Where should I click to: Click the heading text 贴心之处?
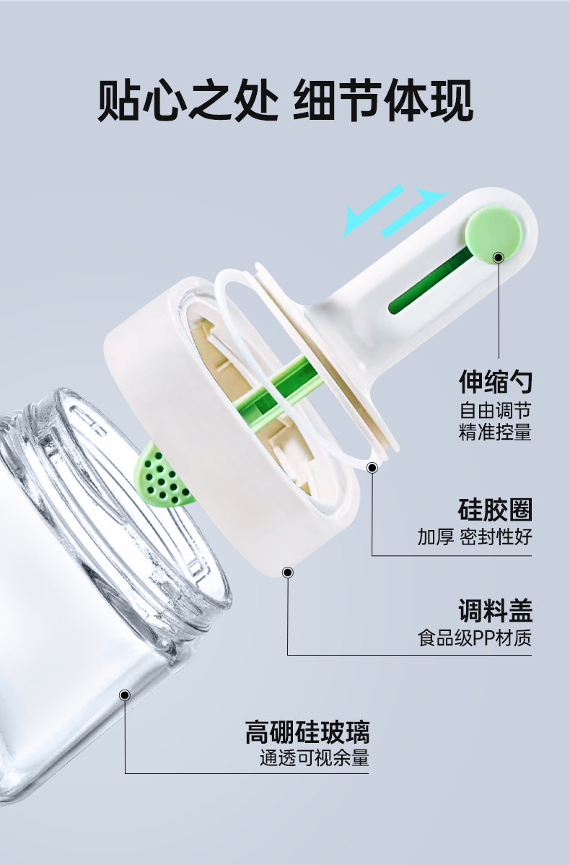187,100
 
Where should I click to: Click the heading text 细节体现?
383,100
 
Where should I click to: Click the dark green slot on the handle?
431,281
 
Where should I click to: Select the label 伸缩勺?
495,381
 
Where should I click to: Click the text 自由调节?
495,410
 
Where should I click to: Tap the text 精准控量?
495,431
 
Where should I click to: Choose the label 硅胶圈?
495,510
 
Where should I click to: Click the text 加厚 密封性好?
475,536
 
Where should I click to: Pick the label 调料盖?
495,611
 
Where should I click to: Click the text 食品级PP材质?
475,638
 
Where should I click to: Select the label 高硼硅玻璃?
307,732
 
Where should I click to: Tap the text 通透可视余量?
314,758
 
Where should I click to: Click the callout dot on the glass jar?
125,695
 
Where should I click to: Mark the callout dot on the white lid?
287,573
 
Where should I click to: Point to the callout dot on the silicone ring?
372,468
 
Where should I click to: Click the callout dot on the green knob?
499,257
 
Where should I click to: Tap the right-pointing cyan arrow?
416,211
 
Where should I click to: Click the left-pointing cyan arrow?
373,212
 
